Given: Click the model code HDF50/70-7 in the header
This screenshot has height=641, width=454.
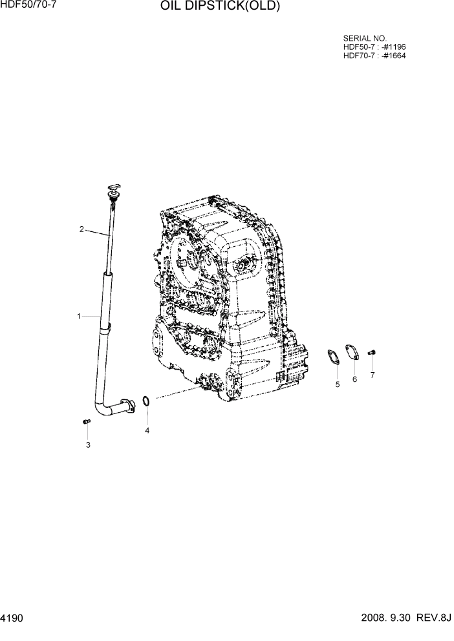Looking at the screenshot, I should (29, 5).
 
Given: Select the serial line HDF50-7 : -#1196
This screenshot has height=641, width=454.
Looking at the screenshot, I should (374, 47).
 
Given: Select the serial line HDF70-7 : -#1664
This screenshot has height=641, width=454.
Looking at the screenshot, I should (374, 55).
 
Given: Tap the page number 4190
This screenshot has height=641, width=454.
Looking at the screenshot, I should (13, 618).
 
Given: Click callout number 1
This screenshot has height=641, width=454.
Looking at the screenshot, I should (78, 316).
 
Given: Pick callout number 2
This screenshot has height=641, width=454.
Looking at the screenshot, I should (81, 229).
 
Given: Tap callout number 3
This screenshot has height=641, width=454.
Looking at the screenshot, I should (88, 445).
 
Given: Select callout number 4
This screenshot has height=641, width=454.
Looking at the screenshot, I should (147, 430).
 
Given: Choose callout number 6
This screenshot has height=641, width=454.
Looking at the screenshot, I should (354, 379).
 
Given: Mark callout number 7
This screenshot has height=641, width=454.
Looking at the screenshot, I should (373, 374).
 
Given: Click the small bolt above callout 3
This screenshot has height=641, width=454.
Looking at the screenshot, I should (86, 422).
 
